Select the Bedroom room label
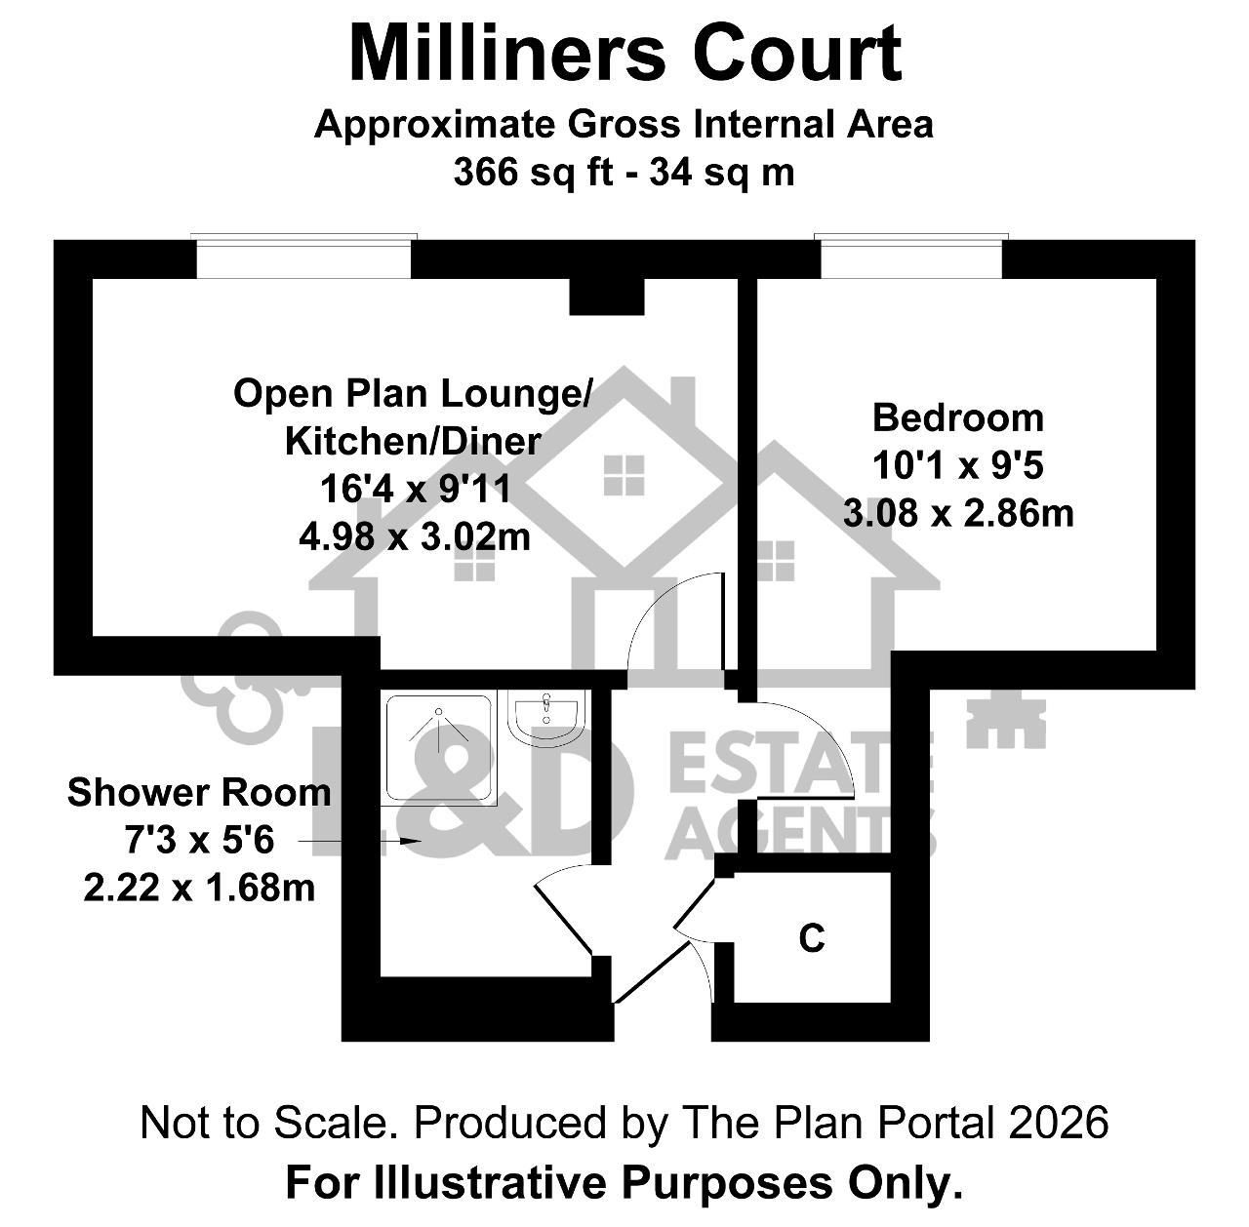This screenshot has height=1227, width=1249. [957, 418]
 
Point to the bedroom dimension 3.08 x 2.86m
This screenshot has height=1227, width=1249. [958, 513]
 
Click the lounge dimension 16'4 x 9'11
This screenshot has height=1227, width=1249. [416, 489]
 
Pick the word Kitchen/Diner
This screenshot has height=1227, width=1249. [413, 442]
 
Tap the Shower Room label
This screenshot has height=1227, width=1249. [199, 792]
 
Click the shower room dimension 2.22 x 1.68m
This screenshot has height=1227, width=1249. [199, 888]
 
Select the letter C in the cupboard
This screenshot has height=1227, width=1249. [812, 938]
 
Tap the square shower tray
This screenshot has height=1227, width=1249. [439, 748]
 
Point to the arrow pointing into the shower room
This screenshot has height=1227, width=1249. [359, 840]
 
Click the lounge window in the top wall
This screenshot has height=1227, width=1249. [303, 257]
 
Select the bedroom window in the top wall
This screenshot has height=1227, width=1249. [910, 257]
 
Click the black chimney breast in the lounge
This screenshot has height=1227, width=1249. [607, 297]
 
